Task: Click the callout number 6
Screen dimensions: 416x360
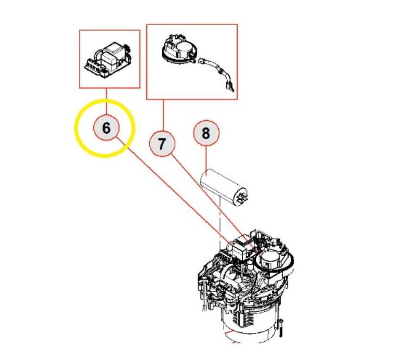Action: tap(106, 128)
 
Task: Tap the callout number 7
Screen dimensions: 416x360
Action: tap(162, 144)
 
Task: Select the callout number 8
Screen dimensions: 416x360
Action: tap(206, 133)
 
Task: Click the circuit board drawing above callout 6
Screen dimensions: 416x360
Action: tap(108, 60)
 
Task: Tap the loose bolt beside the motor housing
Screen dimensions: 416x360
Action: tap(281, 329)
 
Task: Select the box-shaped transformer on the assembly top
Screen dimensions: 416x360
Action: tap(242, 250)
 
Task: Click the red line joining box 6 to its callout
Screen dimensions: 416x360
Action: tap(107, 101)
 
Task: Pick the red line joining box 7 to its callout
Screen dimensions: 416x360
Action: tap(163, 115)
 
